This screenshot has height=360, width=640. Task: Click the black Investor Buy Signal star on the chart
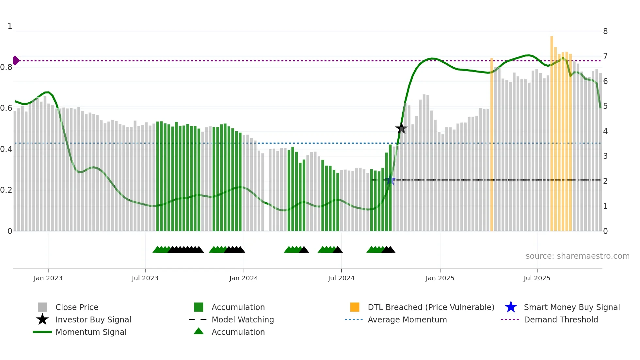401,128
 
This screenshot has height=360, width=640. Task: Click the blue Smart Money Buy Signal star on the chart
390,180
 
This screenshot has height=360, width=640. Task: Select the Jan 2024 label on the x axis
244,278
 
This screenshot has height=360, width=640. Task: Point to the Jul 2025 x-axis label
537,278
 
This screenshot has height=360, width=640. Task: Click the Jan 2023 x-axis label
48,278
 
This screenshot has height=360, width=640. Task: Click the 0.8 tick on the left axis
6,67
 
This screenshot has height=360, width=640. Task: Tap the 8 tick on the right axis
605,31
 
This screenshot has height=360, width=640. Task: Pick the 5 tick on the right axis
605,106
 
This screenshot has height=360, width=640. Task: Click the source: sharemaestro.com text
577,256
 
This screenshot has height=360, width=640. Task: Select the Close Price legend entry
77,307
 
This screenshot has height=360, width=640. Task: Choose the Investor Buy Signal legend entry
93,320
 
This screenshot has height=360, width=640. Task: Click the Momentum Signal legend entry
91,332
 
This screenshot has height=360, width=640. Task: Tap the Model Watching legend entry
243,320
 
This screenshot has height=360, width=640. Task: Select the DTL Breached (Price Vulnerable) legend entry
431,307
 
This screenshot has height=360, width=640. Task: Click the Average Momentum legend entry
407,320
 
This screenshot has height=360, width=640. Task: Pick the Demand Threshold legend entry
561,320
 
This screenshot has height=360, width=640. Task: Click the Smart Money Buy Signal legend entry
571,307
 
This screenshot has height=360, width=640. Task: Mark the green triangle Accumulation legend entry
238,332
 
